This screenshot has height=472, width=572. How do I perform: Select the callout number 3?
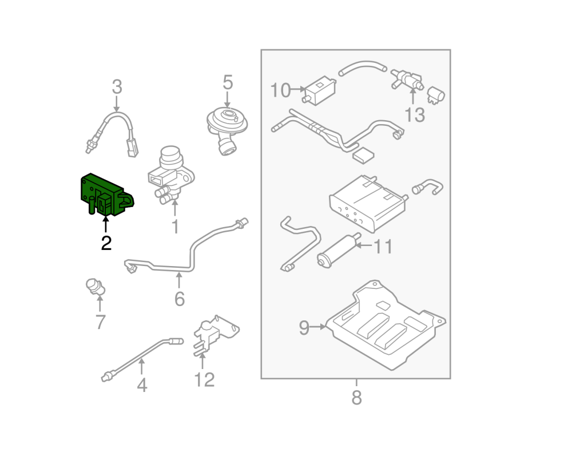(117, 88)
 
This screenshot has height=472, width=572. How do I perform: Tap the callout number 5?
(228, 82)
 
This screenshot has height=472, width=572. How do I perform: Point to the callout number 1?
(175, 227)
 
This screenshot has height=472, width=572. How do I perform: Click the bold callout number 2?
(106, 243)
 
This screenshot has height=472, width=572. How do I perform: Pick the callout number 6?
(179, 298)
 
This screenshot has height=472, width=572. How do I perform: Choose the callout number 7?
(100, 322)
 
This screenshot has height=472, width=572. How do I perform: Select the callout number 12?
(204, 379)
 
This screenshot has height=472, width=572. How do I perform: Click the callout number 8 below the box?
(356, 397)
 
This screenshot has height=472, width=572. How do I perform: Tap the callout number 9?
(304, 328)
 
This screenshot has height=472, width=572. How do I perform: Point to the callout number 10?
(280, 90)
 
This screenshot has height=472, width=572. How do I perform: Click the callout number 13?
(415, 115)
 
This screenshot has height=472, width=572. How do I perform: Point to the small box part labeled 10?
(319, 89)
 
